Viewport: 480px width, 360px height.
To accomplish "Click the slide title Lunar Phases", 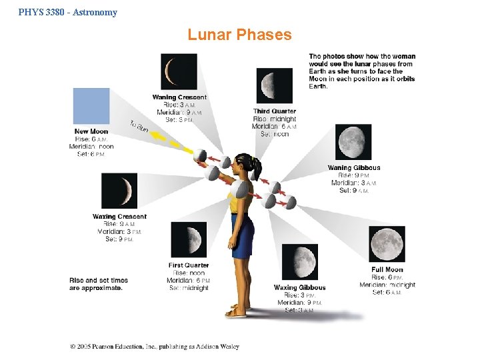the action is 239,35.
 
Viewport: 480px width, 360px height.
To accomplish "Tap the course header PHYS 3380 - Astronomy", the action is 68,12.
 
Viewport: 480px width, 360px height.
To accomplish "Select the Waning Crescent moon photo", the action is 179,71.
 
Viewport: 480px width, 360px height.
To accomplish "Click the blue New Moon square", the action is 91,106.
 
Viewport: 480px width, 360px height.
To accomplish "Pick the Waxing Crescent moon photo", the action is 119,191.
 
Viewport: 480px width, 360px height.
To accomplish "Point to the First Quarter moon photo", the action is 189,239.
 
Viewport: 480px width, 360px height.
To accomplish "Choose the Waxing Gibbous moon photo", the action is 299,262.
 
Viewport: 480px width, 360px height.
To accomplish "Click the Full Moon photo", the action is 387,244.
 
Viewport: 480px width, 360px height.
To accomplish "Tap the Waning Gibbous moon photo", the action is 353,142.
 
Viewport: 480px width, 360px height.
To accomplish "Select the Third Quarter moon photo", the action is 274,85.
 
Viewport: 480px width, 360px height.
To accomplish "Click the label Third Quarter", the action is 274,111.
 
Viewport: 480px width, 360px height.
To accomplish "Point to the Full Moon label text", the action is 387,270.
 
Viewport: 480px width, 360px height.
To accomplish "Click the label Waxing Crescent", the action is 119,217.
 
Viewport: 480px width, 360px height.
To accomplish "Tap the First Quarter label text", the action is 189,265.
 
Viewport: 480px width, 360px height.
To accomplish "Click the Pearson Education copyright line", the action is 155,346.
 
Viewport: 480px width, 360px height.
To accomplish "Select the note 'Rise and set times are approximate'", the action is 98,284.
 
